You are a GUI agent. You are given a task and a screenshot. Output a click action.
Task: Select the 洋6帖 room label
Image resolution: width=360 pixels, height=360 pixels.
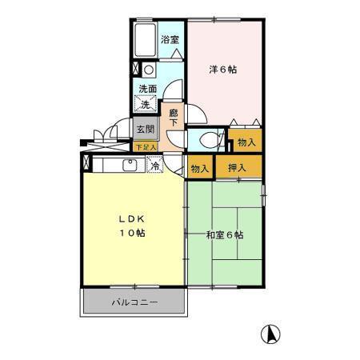(x=223, y=70)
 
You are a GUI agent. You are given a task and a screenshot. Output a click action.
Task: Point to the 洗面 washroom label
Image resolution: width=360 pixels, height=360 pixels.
(x=146, y=90)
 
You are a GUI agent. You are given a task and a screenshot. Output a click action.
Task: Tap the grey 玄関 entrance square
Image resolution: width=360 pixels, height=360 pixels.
(x=144, y=130)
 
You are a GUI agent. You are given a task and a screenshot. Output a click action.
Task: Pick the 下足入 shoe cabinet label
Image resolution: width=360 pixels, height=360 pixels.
(x=145, y=147)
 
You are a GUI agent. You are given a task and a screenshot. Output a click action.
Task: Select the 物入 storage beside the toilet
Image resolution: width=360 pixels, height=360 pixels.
(x=246, y=142)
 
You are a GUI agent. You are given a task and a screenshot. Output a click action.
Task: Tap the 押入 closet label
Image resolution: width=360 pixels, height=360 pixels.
(x=237, y=168)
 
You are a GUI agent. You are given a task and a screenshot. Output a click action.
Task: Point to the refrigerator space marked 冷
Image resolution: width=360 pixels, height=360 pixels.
(x=156, y=166)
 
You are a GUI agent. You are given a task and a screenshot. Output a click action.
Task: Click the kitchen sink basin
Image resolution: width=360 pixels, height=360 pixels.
(x=129, y=166)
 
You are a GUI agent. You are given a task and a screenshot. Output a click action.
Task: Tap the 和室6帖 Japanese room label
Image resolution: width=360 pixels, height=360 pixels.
(x=225, y=235)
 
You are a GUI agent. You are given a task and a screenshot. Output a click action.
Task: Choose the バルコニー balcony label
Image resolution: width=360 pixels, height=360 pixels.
(x=134, y=303)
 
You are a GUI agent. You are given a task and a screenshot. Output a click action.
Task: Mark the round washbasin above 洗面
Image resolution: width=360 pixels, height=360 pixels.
(x=148, y=70)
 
